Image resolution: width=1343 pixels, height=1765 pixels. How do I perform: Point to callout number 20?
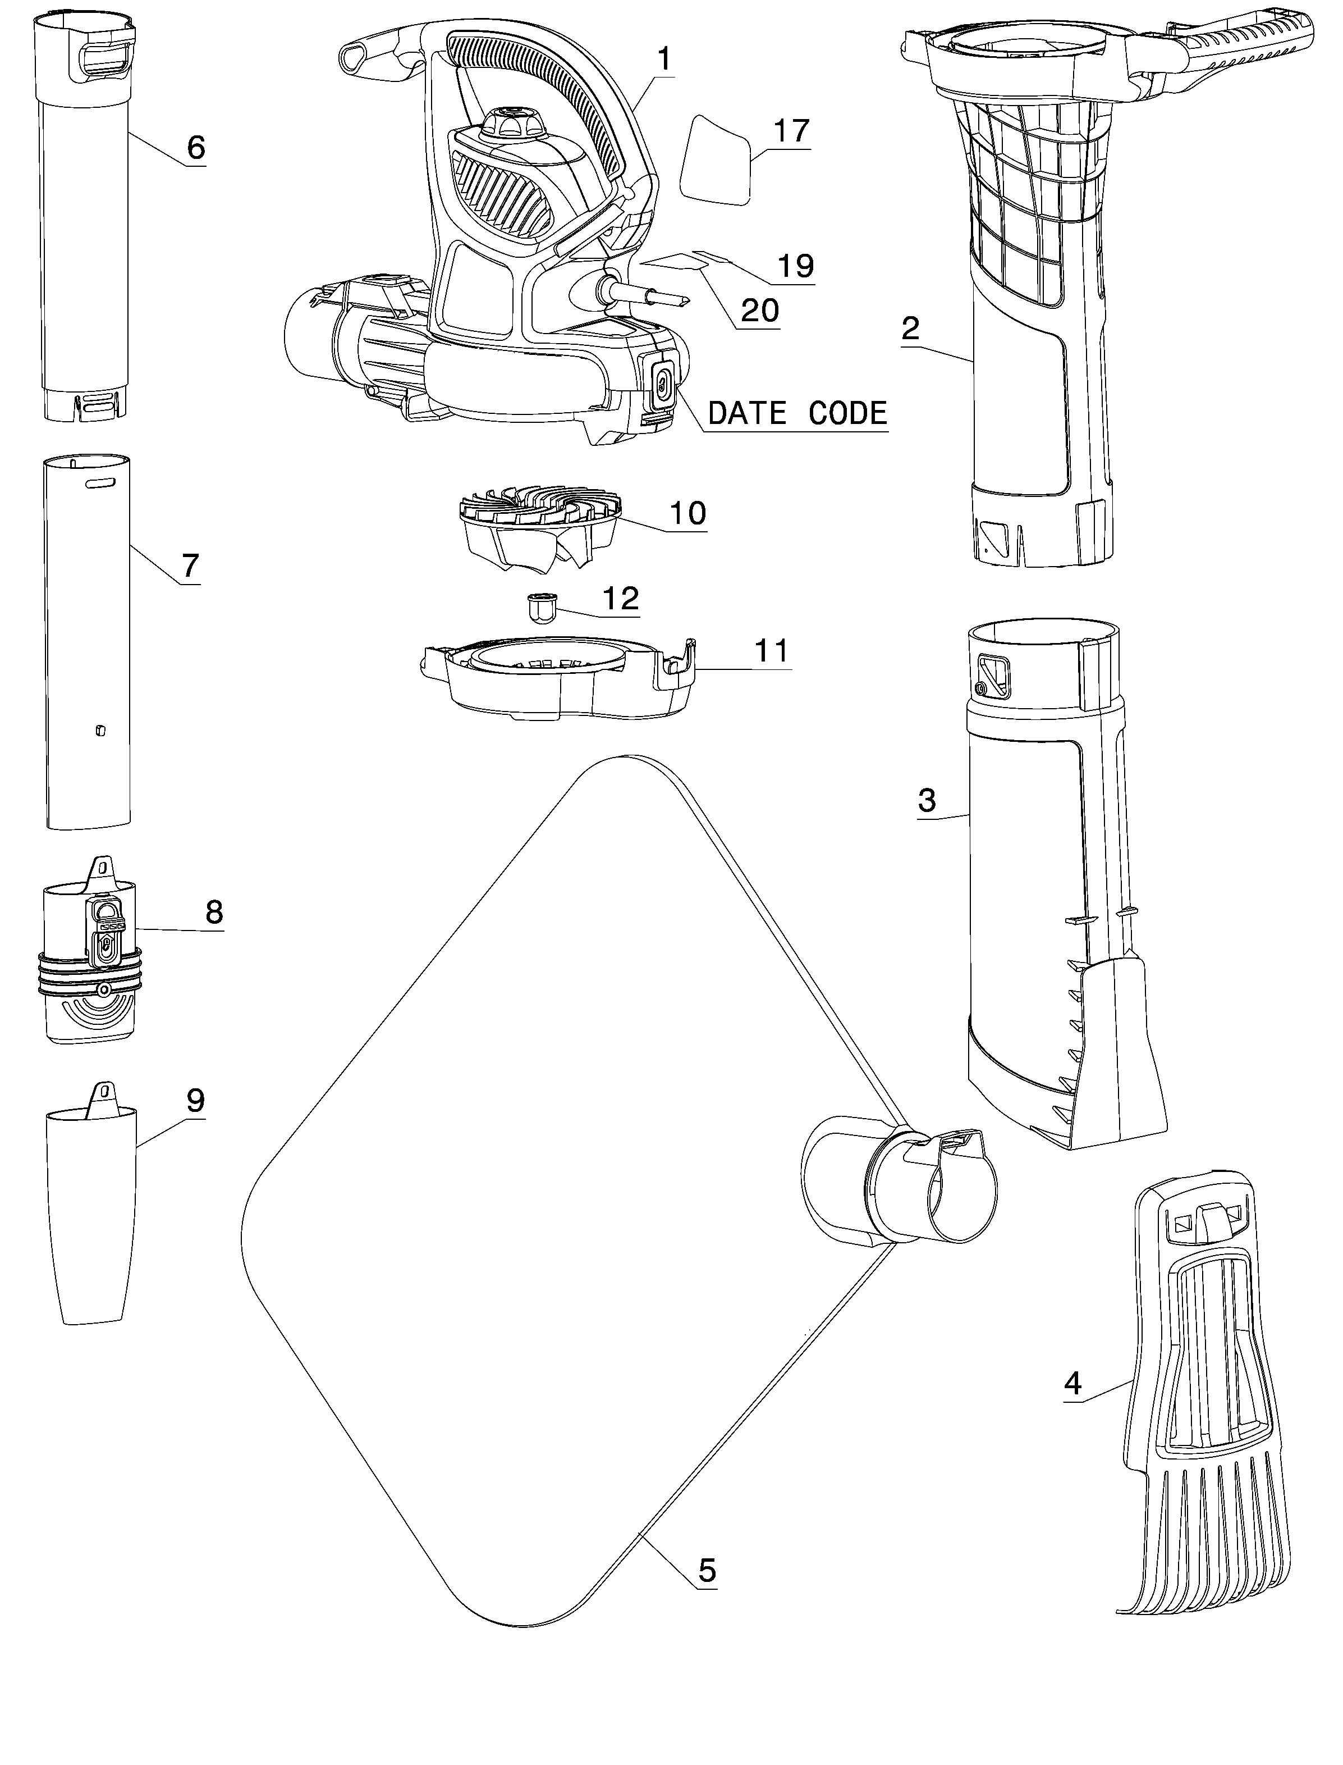(759, 311)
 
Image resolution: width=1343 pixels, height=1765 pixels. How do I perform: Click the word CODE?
(847, 413)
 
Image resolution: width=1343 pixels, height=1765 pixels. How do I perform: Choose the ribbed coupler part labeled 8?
(90, 949)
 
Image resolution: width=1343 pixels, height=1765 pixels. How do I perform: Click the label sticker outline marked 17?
(716, 161)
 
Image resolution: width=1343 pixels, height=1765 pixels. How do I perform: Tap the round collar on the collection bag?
(899, 1184)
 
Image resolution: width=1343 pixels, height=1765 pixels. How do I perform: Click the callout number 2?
(910, 328)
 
